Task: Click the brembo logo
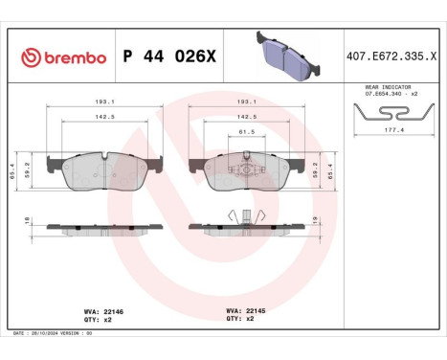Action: point(62,57)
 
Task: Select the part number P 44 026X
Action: point(170,57)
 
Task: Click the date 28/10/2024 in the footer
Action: point(50,332)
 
